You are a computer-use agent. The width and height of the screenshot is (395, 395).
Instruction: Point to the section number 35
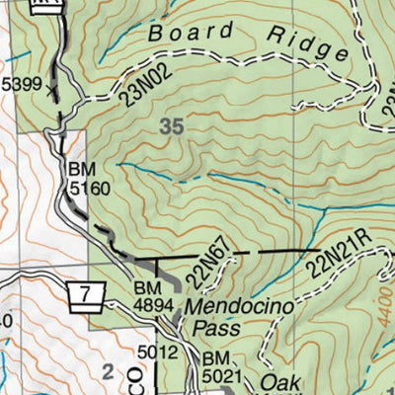click(170, 125)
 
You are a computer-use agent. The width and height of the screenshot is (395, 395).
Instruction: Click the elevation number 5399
click(20, 85)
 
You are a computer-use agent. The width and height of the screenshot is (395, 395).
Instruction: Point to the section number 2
click(108, 371)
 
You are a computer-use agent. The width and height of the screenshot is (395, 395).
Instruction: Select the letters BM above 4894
click(146, 289)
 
